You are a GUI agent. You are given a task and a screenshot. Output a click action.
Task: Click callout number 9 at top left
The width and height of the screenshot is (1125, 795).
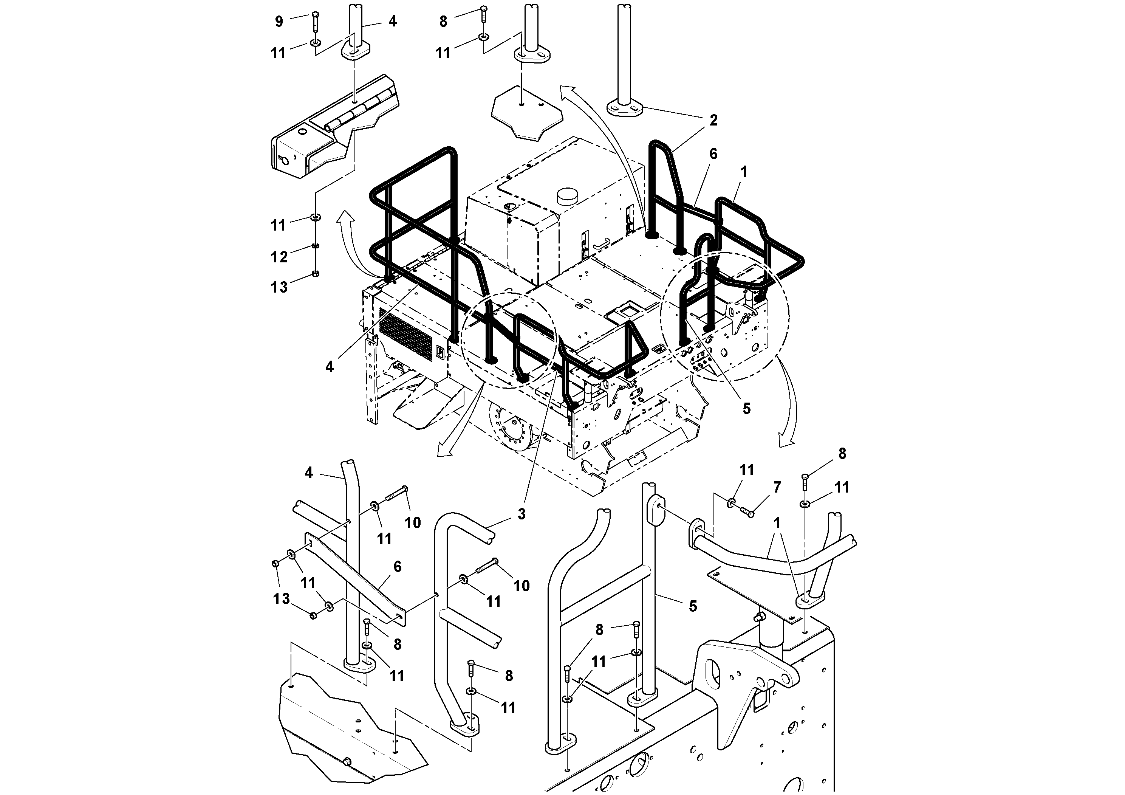tap(279, 22)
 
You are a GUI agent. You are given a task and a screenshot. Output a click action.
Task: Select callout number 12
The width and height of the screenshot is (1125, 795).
tap(279, 256)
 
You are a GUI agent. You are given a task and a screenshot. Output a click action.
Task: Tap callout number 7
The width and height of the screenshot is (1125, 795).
tap(777, 487)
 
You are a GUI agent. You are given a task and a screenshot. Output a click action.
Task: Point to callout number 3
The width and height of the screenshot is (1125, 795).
tap(521, 514)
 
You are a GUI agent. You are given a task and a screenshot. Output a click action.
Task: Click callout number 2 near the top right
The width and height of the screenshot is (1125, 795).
tap(713, 120)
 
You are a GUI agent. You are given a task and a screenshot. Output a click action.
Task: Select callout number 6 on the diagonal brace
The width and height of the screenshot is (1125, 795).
tap(397, 567)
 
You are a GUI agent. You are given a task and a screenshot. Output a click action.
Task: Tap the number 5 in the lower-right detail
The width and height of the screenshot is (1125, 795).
tap(692, 606)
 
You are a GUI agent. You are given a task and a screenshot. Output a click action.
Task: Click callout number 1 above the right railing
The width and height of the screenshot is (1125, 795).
tap(744, 172)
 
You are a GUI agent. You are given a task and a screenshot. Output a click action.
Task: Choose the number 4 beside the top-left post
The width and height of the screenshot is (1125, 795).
tap(393, 21)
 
